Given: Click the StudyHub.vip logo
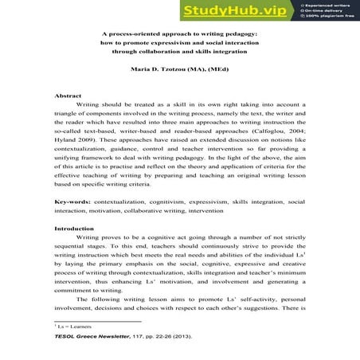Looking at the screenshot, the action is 225,10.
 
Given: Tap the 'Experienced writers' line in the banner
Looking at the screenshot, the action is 329,6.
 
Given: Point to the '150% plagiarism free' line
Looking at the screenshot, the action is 329,18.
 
